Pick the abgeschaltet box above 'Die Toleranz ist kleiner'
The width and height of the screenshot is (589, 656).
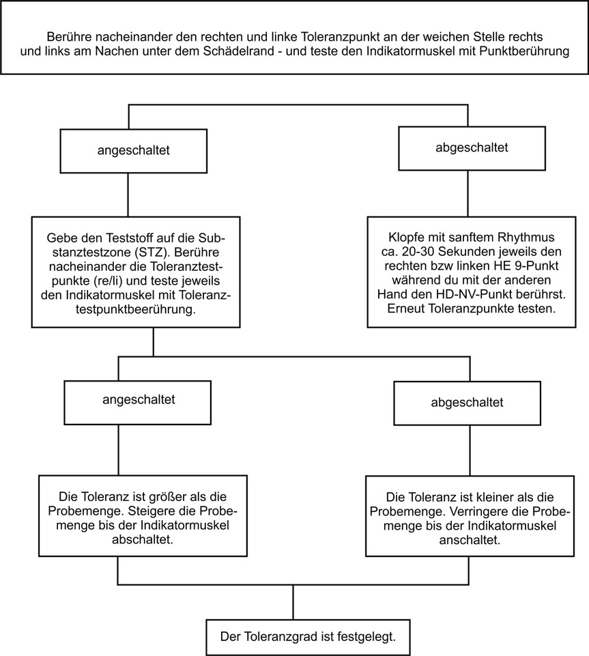click(x=467, y=403)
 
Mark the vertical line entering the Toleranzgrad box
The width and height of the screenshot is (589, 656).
click(x=293, y=602)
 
